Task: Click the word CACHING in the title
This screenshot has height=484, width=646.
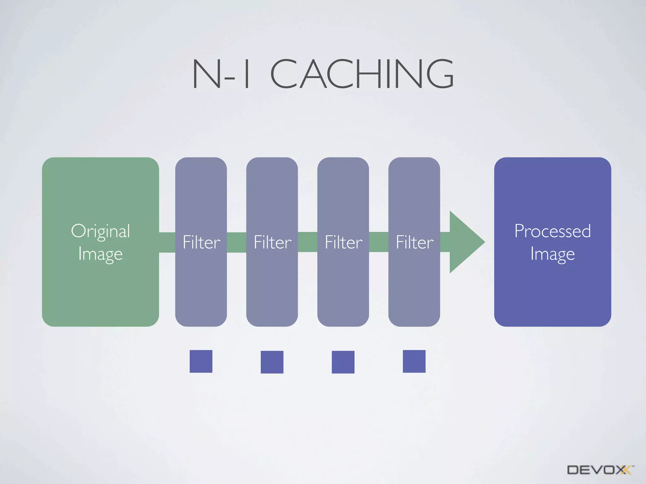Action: (362, 74)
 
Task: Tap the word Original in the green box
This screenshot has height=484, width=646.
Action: (100, 231)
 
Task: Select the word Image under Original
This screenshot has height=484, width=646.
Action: (100, 254)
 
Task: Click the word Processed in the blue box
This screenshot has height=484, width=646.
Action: (552, 231)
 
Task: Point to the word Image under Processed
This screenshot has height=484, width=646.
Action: (552, 254)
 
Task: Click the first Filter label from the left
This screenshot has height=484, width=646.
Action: (201, 242)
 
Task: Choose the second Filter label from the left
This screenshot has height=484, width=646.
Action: (272, 242)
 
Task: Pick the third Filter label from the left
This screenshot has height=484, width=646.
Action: (344, 242)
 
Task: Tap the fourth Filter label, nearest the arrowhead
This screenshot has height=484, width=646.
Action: (414, 242)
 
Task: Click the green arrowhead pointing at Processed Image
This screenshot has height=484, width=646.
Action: (465, 242)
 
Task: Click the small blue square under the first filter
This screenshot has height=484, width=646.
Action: (201, 361)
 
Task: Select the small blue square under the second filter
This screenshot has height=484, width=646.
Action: (272, 362)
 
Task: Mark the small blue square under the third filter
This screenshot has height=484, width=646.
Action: (343, 362)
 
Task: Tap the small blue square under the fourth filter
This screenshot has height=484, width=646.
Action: (414, 361)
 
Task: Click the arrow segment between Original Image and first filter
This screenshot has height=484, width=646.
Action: (167, 242)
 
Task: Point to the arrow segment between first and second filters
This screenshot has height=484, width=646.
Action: (237, 242)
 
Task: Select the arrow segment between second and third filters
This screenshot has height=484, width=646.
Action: (308, 242)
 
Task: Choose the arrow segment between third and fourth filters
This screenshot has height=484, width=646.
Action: (379, 242)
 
